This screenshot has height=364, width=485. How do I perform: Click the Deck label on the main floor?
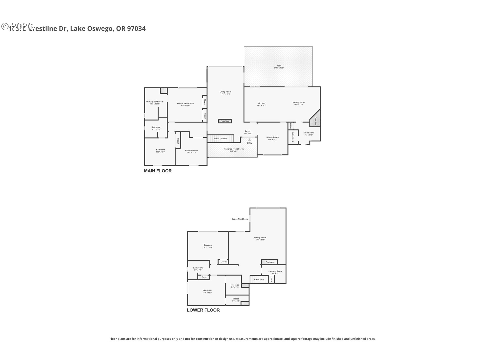coord(279,66)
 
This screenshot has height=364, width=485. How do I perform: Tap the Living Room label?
coord(225,92)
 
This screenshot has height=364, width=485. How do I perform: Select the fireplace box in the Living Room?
coord(225,121)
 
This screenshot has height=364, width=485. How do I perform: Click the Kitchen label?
coord(261,103)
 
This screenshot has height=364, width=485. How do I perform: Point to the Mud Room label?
coord(308,133)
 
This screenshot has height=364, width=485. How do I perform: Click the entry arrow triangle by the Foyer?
coord(249,140)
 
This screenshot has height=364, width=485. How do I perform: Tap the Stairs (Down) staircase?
coord(220,139)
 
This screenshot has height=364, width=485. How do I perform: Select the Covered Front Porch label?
coord(234,149)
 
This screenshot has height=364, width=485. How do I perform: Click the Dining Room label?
coord(272,137)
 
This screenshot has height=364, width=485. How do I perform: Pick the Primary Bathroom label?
coord(155,102)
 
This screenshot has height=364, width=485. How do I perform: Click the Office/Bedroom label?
coord(191,150)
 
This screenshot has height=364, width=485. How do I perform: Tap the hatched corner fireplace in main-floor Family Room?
coord(316,119)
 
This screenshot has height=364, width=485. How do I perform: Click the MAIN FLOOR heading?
coord(158,171)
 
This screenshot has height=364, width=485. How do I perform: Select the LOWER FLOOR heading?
coord(203,310)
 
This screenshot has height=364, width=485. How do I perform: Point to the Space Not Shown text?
coord(240,219)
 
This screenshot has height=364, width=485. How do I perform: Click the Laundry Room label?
coord(275,271)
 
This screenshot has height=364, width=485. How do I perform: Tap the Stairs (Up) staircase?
coord(258,279)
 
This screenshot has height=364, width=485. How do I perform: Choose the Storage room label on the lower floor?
coord(235,285)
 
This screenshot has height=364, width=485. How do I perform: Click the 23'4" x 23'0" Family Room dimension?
coord(260,240)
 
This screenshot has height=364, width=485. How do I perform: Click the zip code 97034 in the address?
coord(136,29)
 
